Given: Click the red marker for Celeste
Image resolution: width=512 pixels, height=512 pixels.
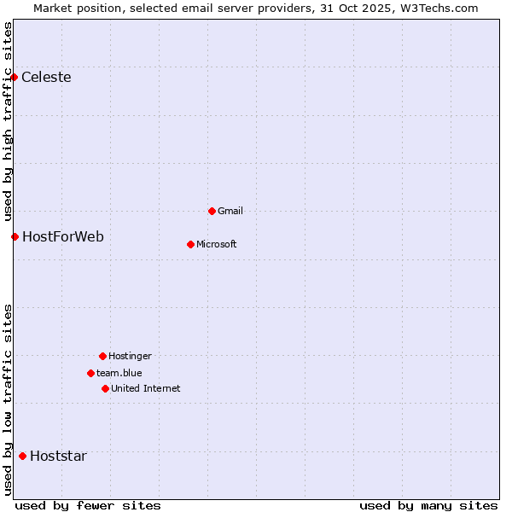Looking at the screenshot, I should [14, 78].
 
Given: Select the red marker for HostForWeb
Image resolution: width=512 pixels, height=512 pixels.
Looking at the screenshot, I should [15, 236].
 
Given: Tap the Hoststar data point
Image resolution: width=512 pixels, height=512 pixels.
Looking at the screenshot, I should [22, 456].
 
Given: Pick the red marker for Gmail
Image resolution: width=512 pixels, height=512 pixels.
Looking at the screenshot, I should [212, 211].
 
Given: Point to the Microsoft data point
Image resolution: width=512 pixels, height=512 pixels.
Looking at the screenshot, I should [190, 244].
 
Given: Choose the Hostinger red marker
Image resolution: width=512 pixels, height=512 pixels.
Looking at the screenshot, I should [102, 356].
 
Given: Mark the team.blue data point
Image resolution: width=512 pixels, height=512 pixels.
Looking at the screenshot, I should [90, 373].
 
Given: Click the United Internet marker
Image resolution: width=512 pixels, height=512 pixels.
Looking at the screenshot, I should [105, 388].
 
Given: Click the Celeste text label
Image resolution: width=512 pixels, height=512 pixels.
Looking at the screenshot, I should [46, 78].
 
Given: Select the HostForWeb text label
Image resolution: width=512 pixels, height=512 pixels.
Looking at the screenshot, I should [63, 236].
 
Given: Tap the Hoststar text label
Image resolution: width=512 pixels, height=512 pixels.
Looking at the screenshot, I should [58, 456].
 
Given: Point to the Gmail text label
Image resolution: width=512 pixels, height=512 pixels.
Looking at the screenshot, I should [230, 211].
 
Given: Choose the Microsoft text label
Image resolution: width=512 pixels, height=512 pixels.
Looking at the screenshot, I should [217, 244].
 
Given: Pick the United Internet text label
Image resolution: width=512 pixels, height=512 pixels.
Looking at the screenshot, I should [146, 388].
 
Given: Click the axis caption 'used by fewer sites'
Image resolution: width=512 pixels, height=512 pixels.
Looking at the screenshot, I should [88, 505].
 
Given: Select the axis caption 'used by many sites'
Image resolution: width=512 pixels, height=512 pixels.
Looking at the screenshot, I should [428, 505].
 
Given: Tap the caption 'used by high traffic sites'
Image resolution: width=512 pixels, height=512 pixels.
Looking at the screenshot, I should [8, 121].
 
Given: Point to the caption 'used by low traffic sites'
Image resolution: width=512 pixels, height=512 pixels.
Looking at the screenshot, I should [8, 399].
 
